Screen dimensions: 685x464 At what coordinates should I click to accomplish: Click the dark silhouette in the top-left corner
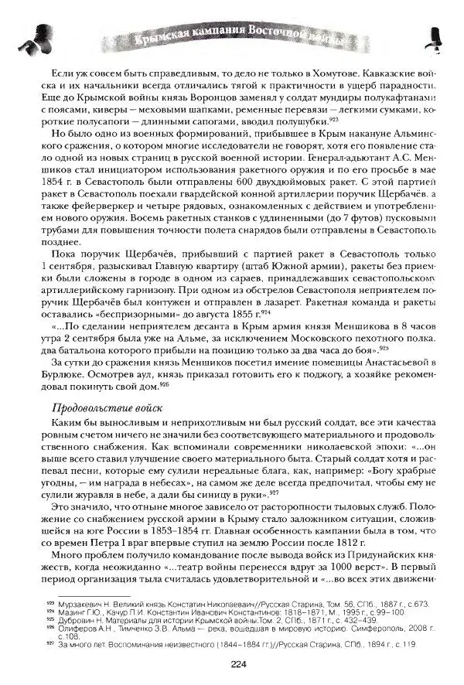35,31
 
